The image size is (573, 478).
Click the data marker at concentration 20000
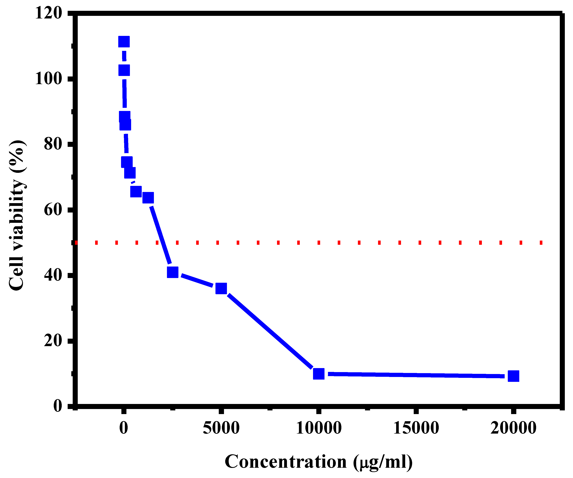pyautogui.click(x=513, y=376)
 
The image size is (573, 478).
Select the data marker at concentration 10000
pyautogui.click(x=319, y=374)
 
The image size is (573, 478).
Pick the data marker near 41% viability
pyautogui.click(x=173, y=272)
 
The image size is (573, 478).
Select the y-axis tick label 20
pyautogui.click(x=53, y=341)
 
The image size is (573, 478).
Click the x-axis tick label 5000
pyautogui.click(x=221, y=428)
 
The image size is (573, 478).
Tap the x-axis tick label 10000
pyautogui.click(x=319, y=428)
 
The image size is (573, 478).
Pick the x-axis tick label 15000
pyautogui.click(x=416, y=428)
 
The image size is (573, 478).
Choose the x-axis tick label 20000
pyautogui.click(x=513, y=428)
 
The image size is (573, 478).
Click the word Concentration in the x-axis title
pyautogui.click(x=285, y=462)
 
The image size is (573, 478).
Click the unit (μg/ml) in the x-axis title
pyautogui.click(x=383, y=462)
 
